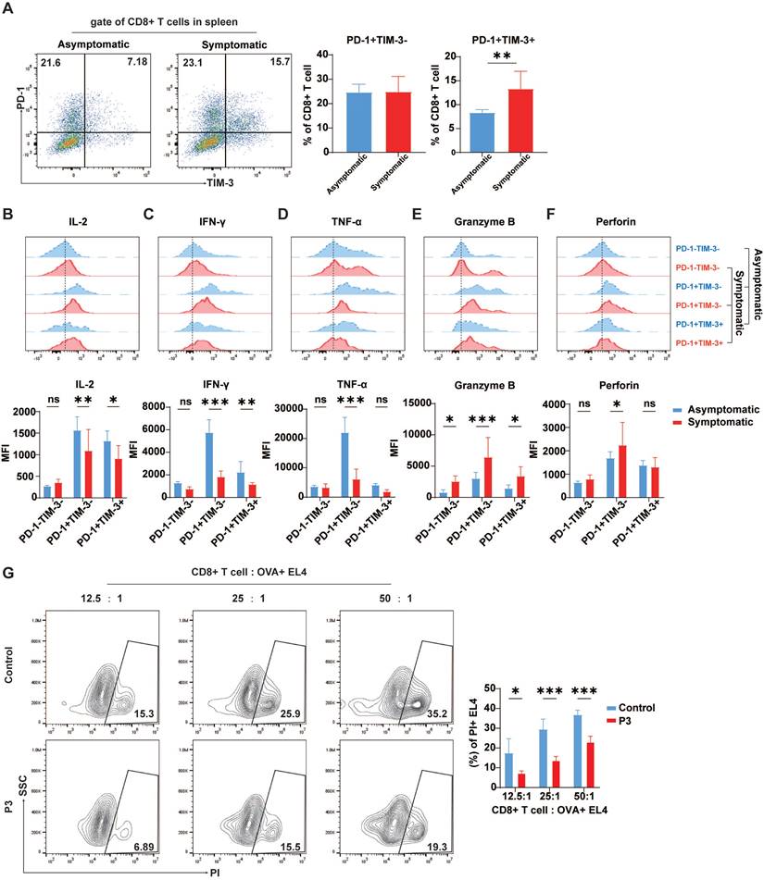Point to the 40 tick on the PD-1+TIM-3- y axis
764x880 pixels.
[x=323, y=55]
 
